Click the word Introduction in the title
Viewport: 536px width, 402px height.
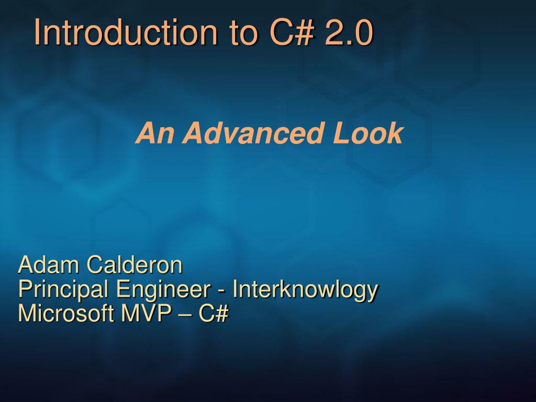pos(126,32)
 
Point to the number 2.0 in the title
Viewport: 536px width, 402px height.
pos(349,32)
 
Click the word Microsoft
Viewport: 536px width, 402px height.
pos(65,313)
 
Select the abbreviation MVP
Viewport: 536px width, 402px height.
pos(147,313)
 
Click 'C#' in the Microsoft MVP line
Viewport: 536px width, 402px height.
pos(214,313)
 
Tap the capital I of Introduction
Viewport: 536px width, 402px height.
pos(37,32)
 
